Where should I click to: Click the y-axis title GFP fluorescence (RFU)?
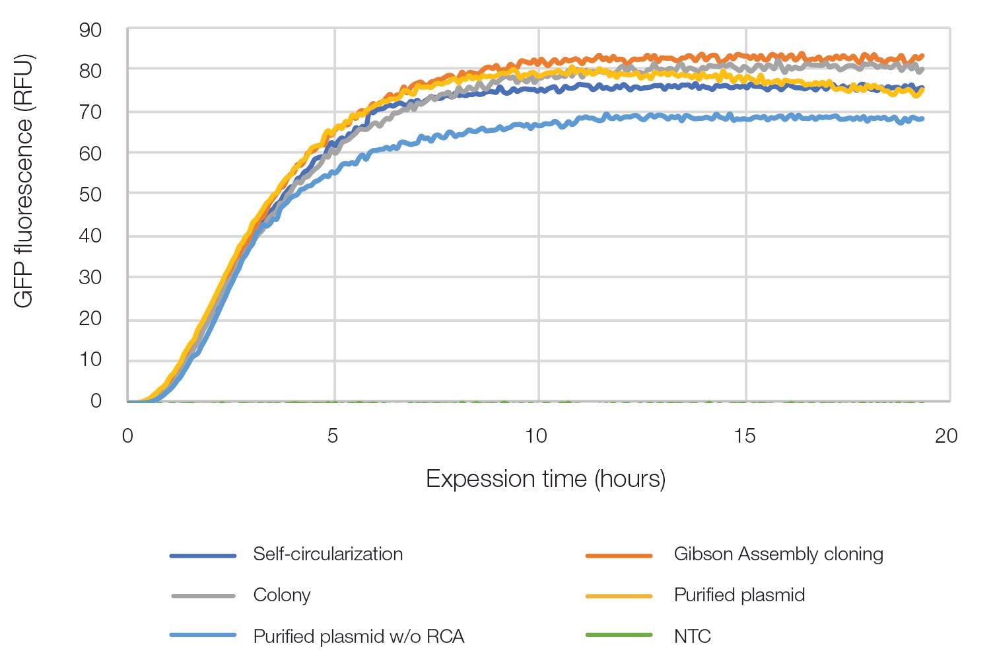[24, 180]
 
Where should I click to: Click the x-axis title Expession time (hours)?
[545, 478]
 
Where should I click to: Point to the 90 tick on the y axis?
[90, 30]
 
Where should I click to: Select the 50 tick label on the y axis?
[90, 194]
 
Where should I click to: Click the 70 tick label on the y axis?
[90, 112]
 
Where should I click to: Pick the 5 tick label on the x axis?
[333, 435]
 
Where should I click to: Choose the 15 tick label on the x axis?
[744, 435]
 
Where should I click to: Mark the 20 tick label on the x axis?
[946, 435]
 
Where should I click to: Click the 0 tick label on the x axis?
[127, 435]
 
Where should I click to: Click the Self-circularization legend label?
[327, 554]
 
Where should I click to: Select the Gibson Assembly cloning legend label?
[778, 554]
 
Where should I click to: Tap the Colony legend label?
[281, 595]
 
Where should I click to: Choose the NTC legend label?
[692, 636]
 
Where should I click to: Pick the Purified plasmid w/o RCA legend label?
[359, 636]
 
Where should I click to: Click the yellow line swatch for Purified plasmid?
[619, 596]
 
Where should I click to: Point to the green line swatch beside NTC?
[619, 636]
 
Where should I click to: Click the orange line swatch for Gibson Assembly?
[619, 556]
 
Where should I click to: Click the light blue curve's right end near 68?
[920, 119]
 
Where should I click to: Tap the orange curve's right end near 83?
[920, 57]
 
